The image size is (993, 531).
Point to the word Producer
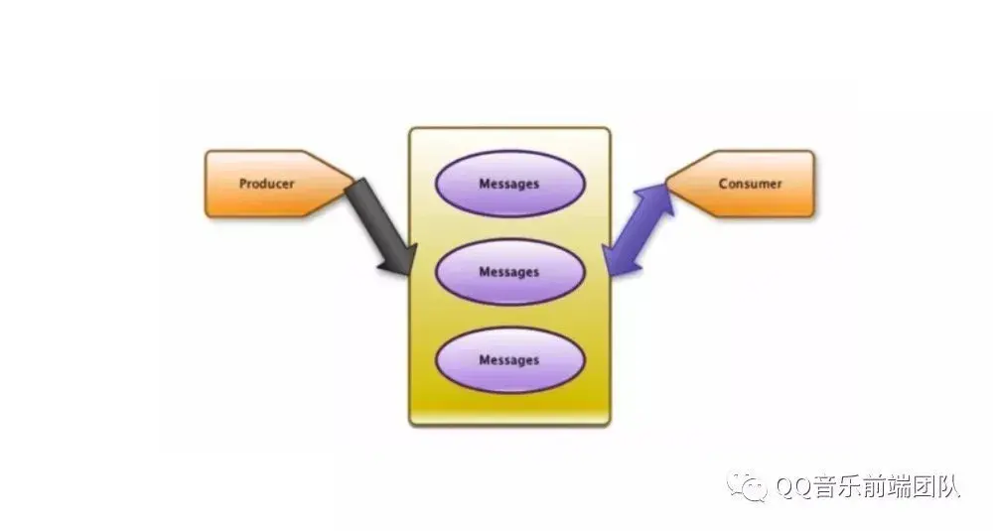click(266, 185)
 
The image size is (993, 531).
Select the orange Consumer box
click(740, 184)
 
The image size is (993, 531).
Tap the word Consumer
click(750, 184)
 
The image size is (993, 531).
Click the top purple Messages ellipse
click(509, 184)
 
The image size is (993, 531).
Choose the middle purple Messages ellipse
click(509, 272)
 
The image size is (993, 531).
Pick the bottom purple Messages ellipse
click(509, 360)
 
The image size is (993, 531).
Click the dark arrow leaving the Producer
click(381, 226)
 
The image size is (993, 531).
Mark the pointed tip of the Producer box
click(353, 184)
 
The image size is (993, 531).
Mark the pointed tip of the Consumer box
click(666, 184)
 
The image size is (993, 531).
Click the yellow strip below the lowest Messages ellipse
click(509, 410)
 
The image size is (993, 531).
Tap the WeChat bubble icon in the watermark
click(748, 486)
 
